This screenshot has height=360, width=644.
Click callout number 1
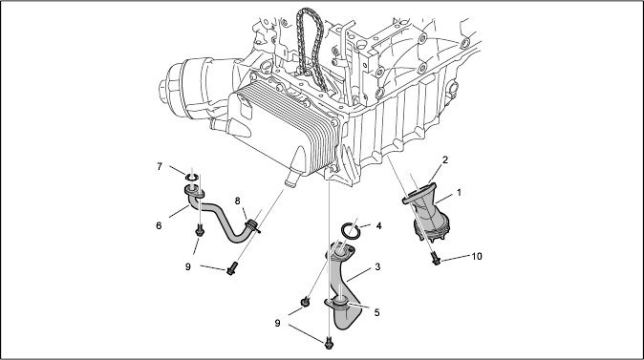coord(459,192)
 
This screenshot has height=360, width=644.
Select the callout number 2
coord(445,159)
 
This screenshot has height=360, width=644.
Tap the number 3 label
coord(377,266)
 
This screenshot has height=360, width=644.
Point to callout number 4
coord(378,225)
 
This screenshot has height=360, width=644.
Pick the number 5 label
coord(376,312)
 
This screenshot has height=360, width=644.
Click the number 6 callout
coord(159,225)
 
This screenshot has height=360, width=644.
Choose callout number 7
coord(160,167)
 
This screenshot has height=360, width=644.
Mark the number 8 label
coord(237,201)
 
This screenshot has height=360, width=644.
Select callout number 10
coord(477,256)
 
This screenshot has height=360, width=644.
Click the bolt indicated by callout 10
coord(436,259)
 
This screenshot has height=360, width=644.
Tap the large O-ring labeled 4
coord(352,230)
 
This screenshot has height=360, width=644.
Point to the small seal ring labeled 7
coord(191,178)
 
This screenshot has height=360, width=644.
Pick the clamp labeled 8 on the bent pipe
coord(251,225)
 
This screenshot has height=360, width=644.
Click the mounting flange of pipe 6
coord(194,191)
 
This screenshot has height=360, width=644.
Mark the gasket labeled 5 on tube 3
coord(340,305)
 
